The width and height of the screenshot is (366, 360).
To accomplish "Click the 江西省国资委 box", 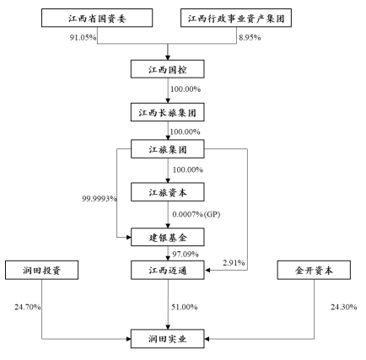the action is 97,18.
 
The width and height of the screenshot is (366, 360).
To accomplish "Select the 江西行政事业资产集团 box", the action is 236,18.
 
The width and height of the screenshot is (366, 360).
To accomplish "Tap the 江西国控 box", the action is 168,69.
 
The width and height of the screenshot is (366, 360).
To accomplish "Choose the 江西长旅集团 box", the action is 168,112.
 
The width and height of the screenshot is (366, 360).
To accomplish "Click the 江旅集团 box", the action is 168,149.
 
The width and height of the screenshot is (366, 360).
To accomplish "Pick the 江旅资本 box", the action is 168,192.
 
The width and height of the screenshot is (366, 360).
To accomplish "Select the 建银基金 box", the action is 168,237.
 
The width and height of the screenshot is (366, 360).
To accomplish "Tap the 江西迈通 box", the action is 168,270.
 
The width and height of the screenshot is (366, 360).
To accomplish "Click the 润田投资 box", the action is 41,270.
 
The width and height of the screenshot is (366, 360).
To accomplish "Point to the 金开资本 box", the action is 314,270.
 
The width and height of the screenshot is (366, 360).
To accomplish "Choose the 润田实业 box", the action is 168,339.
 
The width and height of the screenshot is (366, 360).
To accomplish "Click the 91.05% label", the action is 83,37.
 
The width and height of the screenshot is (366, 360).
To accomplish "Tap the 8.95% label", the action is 250,37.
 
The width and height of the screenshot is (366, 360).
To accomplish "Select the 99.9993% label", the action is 100,199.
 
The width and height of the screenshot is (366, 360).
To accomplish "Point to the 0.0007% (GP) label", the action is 196,214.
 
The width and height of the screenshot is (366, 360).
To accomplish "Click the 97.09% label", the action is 186,254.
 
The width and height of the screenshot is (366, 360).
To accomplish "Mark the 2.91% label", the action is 234,263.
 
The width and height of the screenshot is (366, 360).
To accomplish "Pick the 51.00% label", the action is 185,307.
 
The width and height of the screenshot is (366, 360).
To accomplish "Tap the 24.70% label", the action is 28,307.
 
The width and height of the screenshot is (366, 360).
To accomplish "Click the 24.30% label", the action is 344,307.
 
